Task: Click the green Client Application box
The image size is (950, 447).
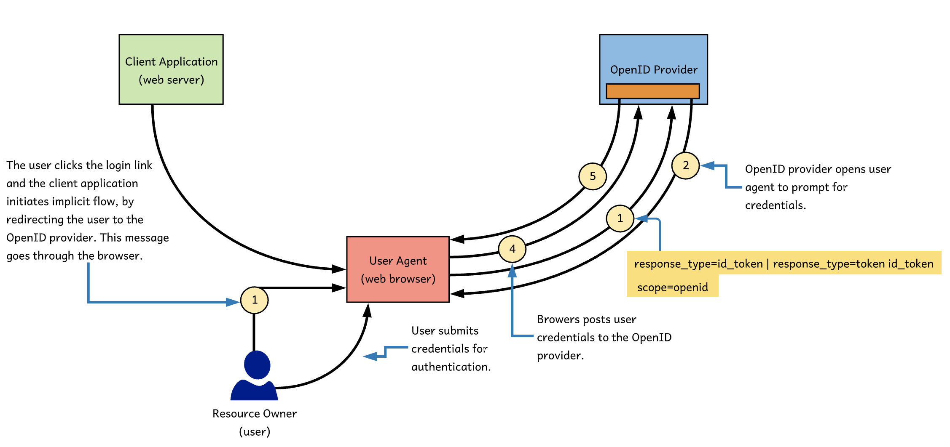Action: point(171,69)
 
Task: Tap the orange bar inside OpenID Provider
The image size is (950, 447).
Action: point(652,91)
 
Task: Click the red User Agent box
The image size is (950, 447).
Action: point(397,269)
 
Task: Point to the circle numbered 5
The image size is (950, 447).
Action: point(593,176)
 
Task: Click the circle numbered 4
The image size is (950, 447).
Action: point(512,249)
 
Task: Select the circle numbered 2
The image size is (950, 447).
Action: point(686,165)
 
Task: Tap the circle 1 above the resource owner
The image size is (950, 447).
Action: point(254,300)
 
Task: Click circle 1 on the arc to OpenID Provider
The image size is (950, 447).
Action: point(620,218)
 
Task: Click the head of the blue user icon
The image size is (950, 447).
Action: point(257,365)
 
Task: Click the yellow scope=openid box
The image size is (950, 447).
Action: point(672,287)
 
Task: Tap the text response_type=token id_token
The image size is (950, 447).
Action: point(853,264)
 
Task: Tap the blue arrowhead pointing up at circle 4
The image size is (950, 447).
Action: point(512,271)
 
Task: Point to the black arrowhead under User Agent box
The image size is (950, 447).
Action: point(368,311)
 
